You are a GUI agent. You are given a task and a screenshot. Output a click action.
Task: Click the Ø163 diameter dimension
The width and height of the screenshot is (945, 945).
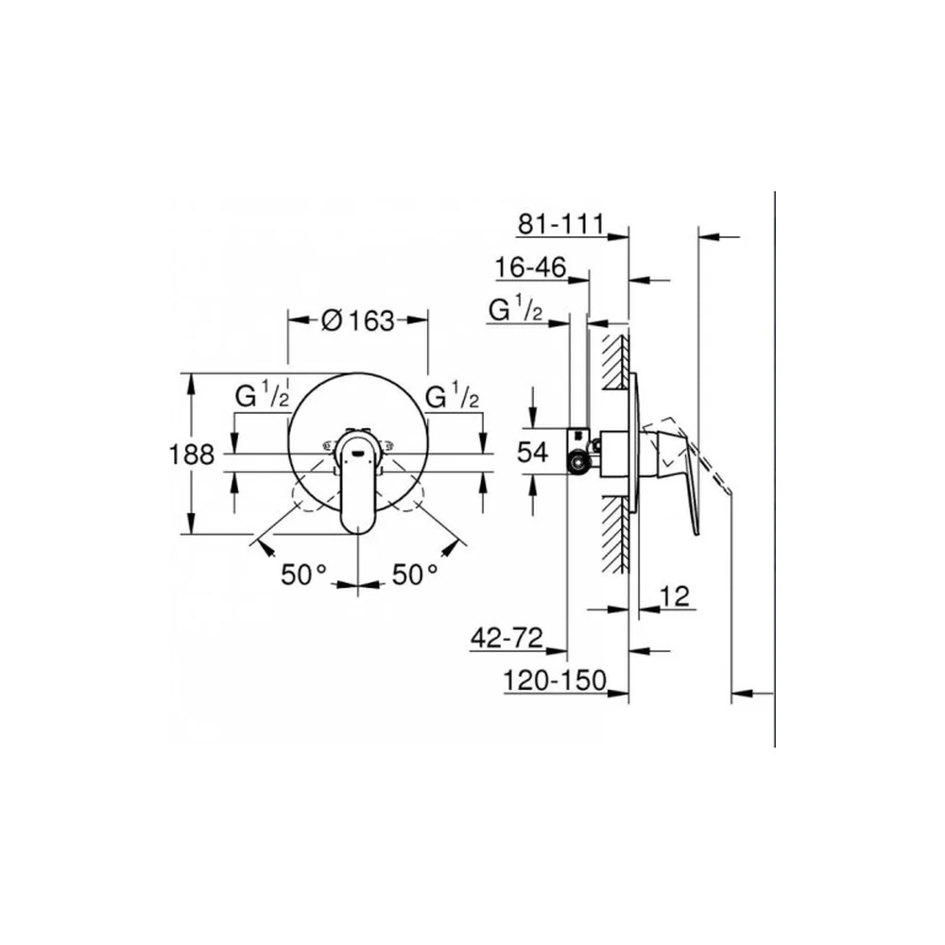358,320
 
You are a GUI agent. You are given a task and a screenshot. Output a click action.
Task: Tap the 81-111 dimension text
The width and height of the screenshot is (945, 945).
560,224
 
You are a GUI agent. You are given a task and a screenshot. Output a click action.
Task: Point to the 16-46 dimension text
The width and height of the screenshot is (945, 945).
530,267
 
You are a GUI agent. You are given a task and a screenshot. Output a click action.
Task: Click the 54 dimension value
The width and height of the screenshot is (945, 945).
533,452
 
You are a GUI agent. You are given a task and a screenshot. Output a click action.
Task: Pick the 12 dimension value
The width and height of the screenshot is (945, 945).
675,596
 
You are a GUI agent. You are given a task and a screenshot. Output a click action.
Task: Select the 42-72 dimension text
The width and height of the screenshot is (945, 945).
507,638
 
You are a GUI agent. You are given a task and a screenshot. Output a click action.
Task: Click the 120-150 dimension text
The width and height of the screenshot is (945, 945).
555,680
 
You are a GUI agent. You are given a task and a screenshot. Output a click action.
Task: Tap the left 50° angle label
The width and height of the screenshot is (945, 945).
303,574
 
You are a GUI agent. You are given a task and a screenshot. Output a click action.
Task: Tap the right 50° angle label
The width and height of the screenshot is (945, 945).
415,574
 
